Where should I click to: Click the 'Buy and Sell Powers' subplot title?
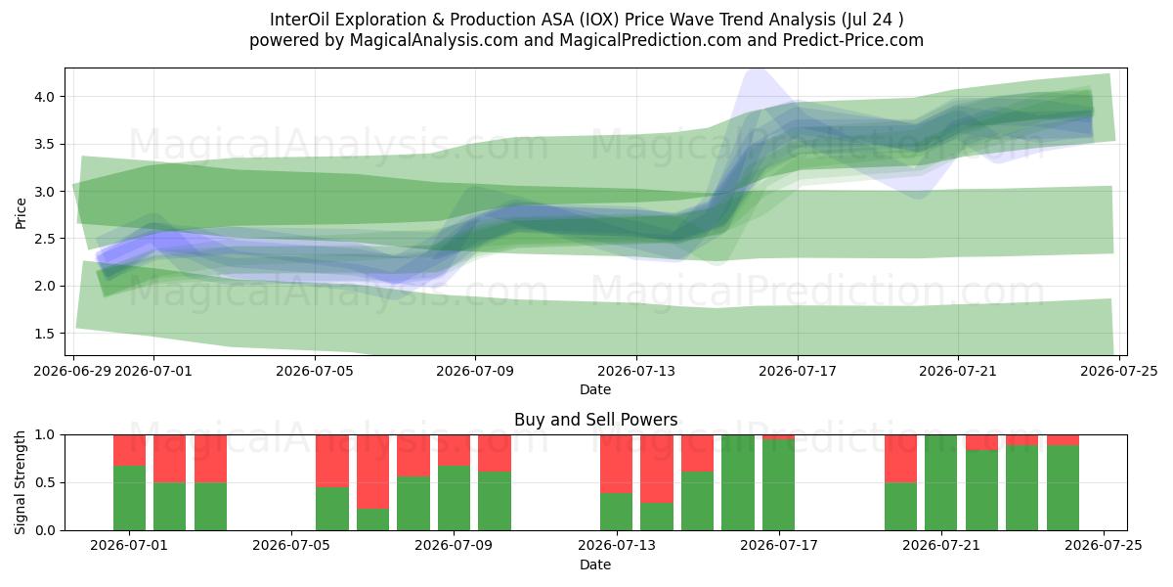595,420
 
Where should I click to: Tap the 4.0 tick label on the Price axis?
45,97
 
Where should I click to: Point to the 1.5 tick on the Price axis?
45,334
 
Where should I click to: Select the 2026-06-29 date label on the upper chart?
72,372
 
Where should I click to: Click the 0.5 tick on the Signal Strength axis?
45,482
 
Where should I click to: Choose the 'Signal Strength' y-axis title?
20,482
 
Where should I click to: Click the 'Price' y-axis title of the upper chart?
21,213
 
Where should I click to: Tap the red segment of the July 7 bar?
372,472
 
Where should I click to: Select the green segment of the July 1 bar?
129,498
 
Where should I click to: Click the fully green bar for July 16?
738,482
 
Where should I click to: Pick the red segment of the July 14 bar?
657,469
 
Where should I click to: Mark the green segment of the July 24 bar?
1063,488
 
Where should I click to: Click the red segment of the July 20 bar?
900,459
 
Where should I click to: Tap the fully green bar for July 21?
941,482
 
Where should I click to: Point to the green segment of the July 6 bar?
332,509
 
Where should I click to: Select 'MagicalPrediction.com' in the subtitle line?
650,40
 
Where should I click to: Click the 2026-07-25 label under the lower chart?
1104,546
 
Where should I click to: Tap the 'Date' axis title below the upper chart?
595,390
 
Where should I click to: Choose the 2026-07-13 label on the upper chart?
636,372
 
